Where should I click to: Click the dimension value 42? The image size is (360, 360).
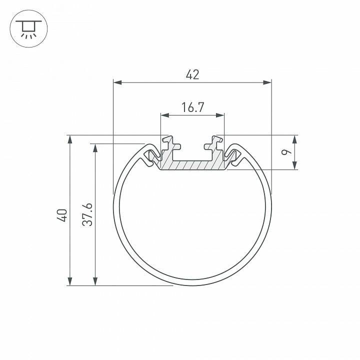pyautogui.click(x=192, y=75)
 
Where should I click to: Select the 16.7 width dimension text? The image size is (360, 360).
pyautogui.click(x=192, y=107)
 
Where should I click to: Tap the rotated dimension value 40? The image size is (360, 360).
pyautogui.click(x=61, y=215)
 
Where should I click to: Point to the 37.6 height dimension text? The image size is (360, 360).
pyautogui.click(x=87, y=215)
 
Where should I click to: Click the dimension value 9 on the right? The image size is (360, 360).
pyautogui.click(x=286, y=152)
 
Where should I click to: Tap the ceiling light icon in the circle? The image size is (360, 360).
pyautogui.click(x=28, y=28)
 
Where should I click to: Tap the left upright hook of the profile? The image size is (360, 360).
pyautogui.click(x=168, y=144)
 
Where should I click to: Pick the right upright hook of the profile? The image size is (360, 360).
pyautogui.click(x=216, y=144)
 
